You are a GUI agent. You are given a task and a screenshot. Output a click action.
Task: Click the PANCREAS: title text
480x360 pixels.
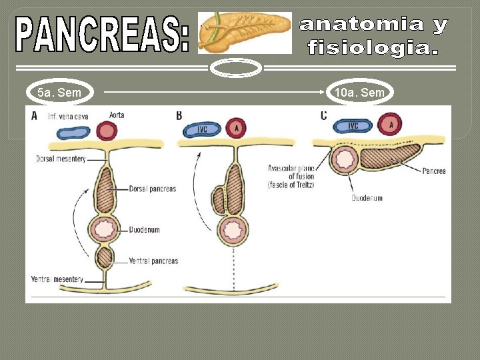tap(104, 35)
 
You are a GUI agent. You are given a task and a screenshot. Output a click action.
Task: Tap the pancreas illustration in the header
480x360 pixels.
tap(245, 33)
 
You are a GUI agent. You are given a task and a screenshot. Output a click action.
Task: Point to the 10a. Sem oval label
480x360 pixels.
tap(360, 93)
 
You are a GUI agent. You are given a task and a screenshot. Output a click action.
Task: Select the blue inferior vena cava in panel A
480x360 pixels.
tap(67, 132)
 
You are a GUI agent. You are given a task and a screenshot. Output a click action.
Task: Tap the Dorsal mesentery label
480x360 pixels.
tap(61, 159)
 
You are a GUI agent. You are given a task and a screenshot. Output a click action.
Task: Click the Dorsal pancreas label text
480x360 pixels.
tap(153, 189)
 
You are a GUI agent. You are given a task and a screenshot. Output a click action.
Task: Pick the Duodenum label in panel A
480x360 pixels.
tap(145, 230)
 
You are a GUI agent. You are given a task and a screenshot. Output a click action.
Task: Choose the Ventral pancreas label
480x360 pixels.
tap(153, 261)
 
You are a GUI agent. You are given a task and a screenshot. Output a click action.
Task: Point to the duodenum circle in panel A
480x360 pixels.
tap(105, 229)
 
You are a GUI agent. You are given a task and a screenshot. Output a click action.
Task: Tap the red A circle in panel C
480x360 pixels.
tap(390, 124)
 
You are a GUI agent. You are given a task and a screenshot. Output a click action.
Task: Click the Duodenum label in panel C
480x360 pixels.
tap(367, 198)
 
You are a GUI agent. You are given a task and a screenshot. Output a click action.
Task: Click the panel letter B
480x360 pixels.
tap(179, 115)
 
